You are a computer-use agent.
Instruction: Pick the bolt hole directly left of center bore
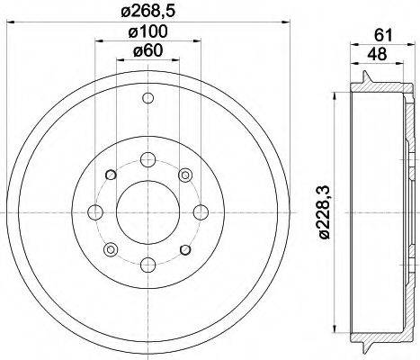click(x=94, y=213)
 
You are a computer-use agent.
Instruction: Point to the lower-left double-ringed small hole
click(x=110, y=249)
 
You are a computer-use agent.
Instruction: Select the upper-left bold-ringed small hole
click(x=109, y=175)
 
